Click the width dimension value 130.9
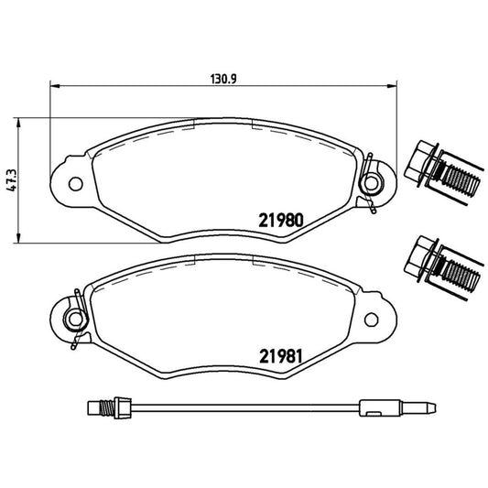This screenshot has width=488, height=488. coord(217,79)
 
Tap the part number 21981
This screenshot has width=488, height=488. coord(280,356)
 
